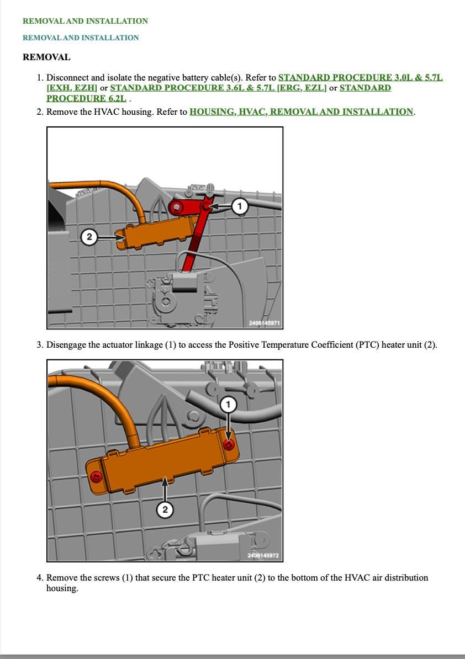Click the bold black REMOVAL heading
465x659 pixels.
46,57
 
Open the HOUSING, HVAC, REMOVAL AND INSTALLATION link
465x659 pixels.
302,112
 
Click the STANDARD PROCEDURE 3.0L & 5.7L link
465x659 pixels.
360,77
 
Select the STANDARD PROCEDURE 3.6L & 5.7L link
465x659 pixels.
218,88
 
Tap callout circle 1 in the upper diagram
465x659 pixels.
240,206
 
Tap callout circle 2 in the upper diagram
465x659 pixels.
89,237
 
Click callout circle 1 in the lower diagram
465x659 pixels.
228,405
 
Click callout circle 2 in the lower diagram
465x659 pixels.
165,509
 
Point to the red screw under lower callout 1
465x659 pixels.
229,445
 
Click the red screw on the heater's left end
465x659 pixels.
96,477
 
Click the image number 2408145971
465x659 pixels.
264,323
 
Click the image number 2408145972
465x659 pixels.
263,555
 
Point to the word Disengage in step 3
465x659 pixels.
66,345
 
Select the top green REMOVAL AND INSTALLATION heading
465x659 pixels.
86,21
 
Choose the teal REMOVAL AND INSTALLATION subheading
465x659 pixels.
81,38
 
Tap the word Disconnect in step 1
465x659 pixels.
67,78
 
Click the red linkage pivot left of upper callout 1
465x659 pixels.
176,207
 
